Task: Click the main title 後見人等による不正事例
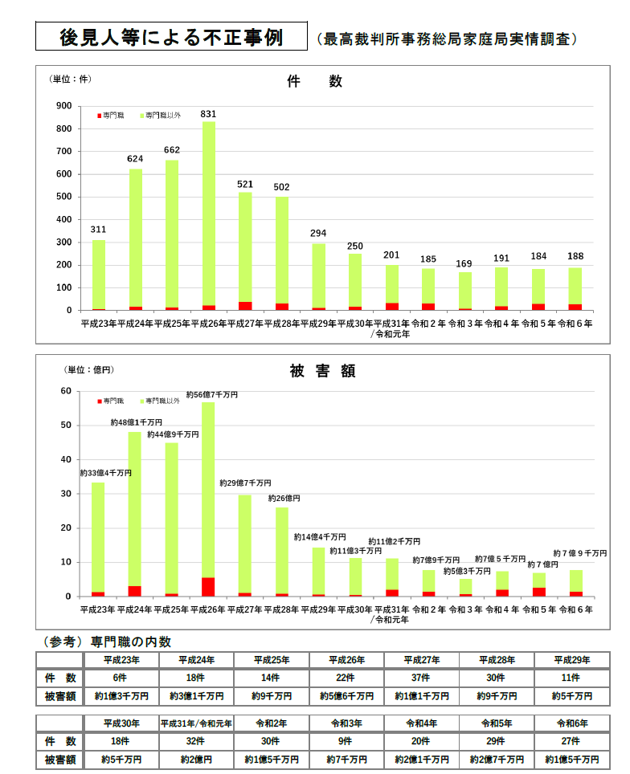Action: click(x=171, y=37)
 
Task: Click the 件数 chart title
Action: click(x=314, y=82)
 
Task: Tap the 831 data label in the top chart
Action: click(x=208, y=114)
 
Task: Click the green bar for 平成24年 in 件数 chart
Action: click(x=136, y=237)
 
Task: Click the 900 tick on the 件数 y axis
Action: click(x=63, y=106)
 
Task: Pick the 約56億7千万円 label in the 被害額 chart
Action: click(x=211, y=395)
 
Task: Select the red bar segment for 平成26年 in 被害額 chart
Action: click(x=208, y=587)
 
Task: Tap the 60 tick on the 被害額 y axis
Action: click(x=67, y=391)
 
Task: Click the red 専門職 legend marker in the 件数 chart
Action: click(x=99, y=116)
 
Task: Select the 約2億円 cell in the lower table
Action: click(x=195, y=759)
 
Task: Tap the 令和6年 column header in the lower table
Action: click(x=571, y=723)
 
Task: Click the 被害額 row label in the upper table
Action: click(x=60, y=696)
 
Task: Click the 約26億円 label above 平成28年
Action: click(x=284, y=499)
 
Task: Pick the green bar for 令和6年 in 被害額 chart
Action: click(x=576, y=580)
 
